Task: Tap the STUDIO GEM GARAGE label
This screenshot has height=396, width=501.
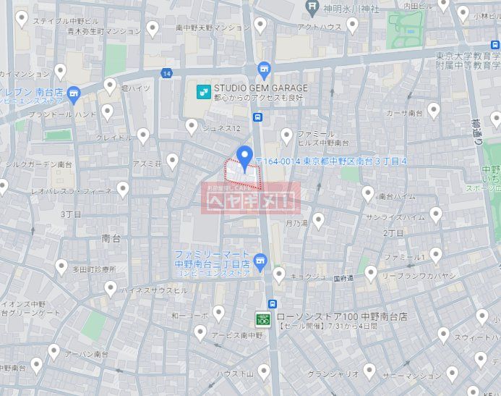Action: [x=260, y=88]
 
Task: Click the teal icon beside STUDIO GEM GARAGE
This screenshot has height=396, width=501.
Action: [x=204, y=91]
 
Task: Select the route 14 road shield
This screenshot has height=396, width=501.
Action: [x=167, y=73]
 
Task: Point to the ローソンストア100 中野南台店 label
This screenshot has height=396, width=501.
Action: [x=343, y=317]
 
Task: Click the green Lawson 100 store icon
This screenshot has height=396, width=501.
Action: [x=263, y=318]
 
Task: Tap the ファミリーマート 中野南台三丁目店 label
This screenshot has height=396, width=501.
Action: [x=211, y=259]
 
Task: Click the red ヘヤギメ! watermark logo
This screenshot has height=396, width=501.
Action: [x=250, y=199]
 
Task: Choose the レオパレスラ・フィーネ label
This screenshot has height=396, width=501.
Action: [x=71, y=191]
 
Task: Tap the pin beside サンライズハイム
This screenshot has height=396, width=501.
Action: [x=435, y=214]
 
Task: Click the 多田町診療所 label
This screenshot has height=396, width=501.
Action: [x=94, y=269]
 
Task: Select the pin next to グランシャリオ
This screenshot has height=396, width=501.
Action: [x=369, y=371]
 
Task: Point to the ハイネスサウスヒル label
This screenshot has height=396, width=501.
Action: [x=145, y=290]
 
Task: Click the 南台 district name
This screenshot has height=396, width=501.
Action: [x=111, y=237]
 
